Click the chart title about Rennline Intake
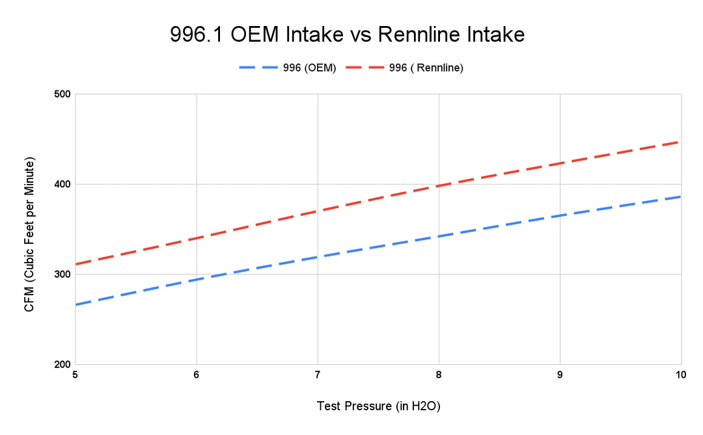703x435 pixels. [x=348, y=34]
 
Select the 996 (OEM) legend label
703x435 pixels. [x=309, y=68]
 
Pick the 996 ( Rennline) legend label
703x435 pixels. [x=426, y=68]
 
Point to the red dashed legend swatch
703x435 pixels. [x=365, y=68]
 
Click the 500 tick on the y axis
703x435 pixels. [x=62, y=94]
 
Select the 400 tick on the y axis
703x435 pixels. [x=62, y=184]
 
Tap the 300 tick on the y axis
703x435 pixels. [x=62, y=274]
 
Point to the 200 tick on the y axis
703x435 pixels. [x=62, y=365]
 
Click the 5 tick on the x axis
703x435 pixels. [x=75, y=375]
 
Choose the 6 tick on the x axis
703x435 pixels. [x=197, y=375]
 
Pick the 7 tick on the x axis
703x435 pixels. [x=318, y=375]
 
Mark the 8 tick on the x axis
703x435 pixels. [x=439, y=375]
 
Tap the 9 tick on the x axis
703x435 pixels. [x=560, y=375]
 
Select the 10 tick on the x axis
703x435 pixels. [x=681, y=375]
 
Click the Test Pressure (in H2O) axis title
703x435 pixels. [x=378, y=406]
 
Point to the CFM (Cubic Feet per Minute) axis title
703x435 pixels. [x=29, y=234]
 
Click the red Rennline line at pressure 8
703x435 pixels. [x=439, y=185]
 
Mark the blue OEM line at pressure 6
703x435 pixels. [x=197, y=280]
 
